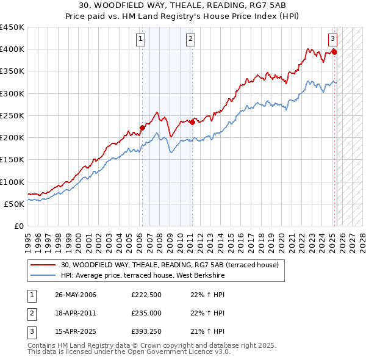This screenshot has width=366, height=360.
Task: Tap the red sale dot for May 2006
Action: (x=142, y=128)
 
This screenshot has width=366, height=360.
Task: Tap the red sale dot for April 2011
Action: (x=192, y=122)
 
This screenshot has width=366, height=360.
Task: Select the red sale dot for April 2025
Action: (x=334, y=52)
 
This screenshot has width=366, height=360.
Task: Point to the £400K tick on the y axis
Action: (x=12, y=49)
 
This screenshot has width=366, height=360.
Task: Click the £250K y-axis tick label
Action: (x=12, y=115)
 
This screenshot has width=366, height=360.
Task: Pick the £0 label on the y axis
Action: (x=18, y=226)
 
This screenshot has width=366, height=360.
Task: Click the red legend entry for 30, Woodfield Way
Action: (x=170, y=265)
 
